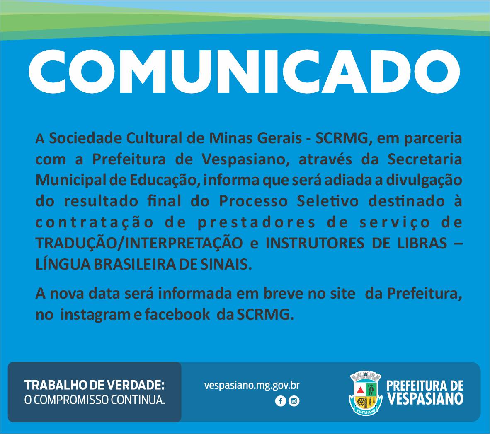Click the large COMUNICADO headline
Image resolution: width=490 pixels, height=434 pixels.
click(x=244, y=71)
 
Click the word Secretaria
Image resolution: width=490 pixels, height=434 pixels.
click(x=425, y=159)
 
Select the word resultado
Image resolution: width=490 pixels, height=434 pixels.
click(x=101, y=201)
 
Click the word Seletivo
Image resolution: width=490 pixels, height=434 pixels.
click(x=327, y=201)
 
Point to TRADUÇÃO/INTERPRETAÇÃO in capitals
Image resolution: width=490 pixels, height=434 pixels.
click(x=139, y=244)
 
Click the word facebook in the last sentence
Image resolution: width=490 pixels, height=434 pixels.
click(x=177, y=314)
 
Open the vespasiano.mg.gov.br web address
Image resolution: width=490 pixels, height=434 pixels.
click(x=252, y=386)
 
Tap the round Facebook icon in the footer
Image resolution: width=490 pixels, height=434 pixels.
click(x=281, y=401)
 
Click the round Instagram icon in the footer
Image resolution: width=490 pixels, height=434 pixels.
click(x=294, y=401)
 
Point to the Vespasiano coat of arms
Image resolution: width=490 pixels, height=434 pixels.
click(x=365, y=393)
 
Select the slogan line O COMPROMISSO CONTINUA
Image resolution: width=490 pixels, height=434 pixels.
click(x=95, y=400)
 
